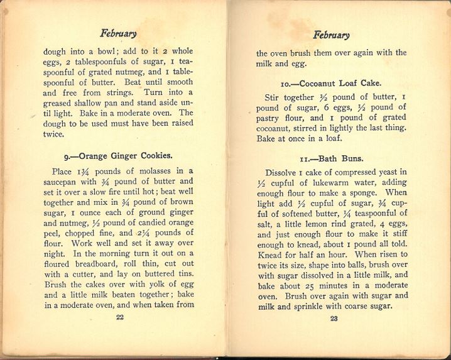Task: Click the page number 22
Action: [120, 317]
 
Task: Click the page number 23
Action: [334, 319]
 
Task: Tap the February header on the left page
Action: [118, 33]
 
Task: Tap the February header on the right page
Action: [332, 35]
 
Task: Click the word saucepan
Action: [62, 183]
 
